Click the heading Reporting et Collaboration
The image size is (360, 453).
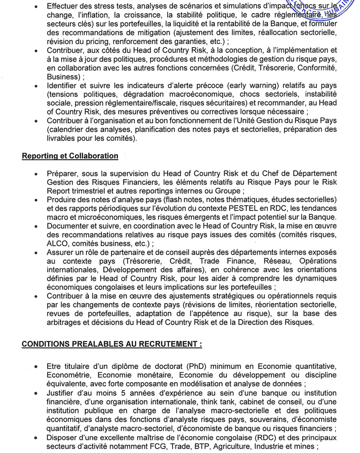coord(70,156)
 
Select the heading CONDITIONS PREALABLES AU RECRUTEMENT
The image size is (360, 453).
coord(112,344)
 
